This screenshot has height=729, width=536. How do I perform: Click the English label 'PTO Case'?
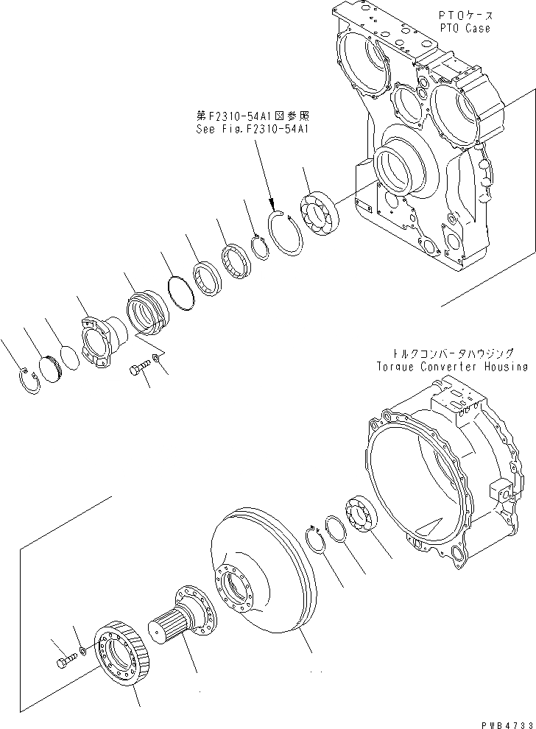(x=466, y=29)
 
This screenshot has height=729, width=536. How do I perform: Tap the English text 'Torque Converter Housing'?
(x=451, y=366)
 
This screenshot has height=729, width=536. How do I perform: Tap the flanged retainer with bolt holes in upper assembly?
(x=99, y=344)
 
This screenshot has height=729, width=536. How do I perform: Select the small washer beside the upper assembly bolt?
(x=155, y=359)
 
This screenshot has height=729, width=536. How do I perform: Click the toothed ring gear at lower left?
(x=121, y=655)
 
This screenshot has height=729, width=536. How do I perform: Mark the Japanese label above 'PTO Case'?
(x=466, y=15)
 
